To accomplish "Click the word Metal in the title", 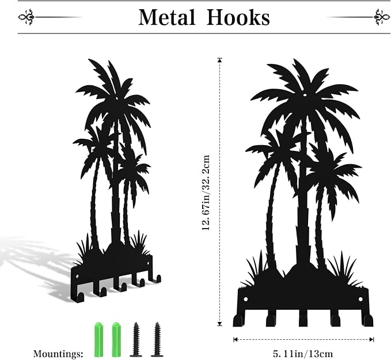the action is tap(166, 17).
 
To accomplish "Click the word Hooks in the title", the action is tap(238, 17).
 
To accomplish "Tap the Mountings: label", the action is tap(58, 354).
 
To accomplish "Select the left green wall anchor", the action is tap(98, 339).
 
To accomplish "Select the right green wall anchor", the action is tap(116, 339).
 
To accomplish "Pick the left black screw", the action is tap(136, 339).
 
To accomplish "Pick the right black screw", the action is tap(157, 339).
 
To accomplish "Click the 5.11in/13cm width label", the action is tap(303, 354).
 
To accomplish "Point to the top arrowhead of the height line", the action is tap(220, 59).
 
